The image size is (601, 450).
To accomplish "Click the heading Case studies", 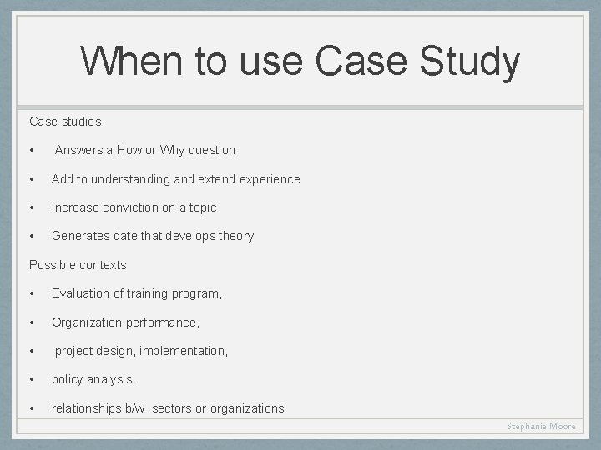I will (x=65, y=122).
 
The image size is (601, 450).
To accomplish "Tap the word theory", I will (x=235, y=236).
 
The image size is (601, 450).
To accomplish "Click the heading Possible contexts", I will (x=78, y=265).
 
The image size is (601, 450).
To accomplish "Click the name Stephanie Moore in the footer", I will (x=541, y=426).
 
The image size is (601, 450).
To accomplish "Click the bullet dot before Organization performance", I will (x=31, y=322).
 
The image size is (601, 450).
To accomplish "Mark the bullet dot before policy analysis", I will (x=31, y=379).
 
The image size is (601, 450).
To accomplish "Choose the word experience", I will (x=269, y=179).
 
